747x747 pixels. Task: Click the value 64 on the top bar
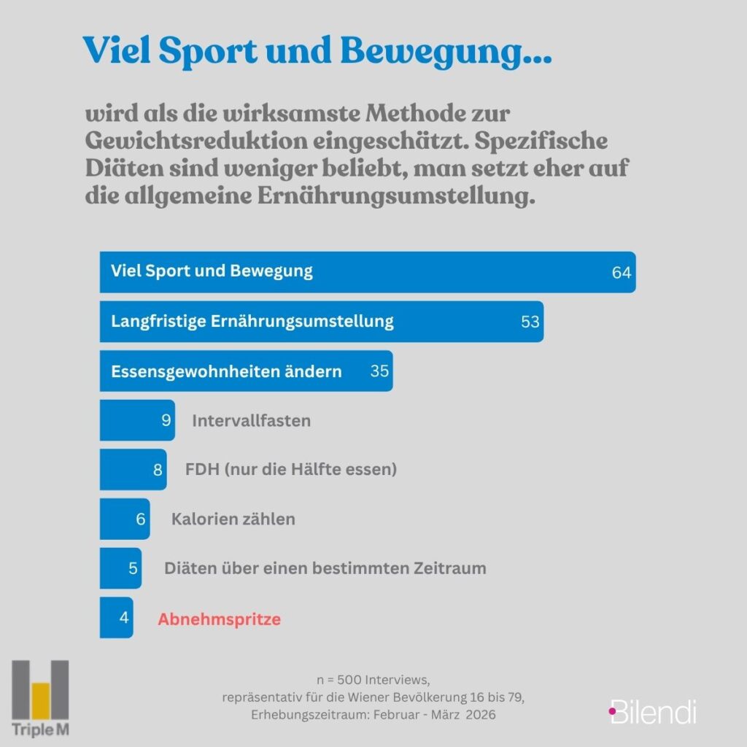pos(622,273)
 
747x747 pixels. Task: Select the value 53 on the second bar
pos(530,322)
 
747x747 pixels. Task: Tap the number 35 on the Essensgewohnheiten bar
pos(379,371)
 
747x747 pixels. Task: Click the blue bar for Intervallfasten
pos(136,420)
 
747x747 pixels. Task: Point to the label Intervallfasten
pos(251,421)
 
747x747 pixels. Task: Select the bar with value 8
pos(133,470)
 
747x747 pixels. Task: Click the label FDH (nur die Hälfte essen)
pos(291,470)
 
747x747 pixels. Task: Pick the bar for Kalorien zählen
pos(124,519)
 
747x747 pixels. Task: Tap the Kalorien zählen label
pos(233,519)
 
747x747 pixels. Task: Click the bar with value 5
pos(120,568)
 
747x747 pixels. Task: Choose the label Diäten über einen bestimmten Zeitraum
pos(325,568)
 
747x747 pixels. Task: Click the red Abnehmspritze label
pos(220,619)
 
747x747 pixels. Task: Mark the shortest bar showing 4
pos(116,618)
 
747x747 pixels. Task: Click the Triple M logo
pos(41,698)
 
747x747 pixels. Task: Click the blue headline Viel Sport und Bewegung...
pos(317,50)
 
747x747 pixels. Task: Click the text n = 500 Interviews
pos(373,681)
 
